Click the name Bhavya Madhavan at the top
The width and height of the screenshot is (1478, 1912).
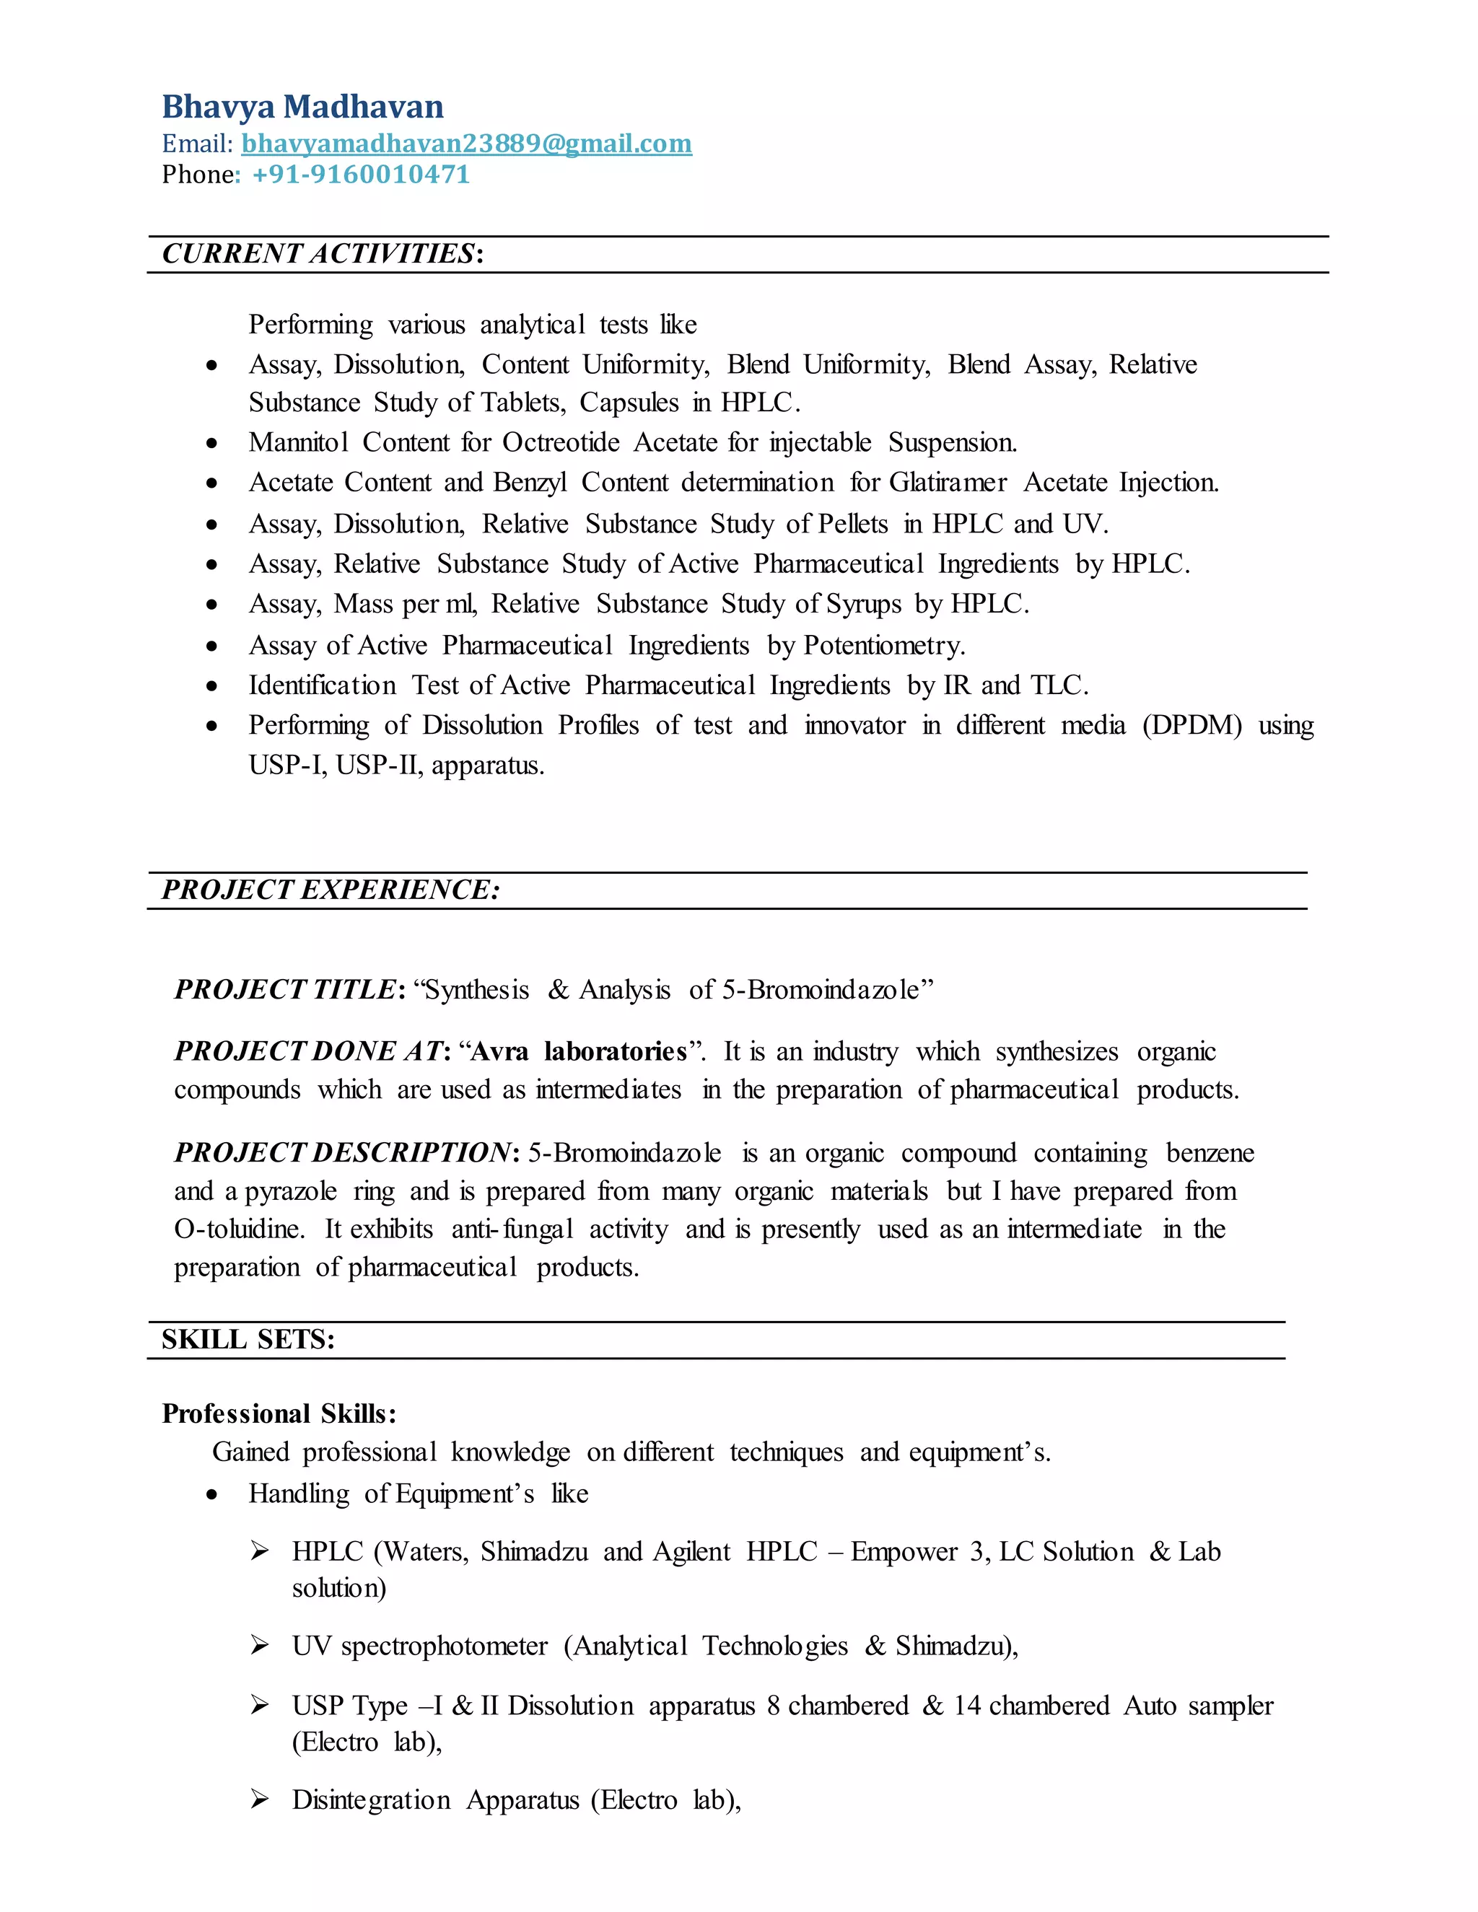click(x=302, y=107)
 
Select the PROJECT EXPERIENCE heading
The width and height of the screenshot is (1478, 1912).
click(x=330, y=890)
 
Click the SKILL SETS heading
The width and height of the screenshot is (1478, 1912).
click(x=248, y=1339)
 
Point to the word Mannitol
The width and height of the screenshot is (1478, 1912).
click(x=299, y=442)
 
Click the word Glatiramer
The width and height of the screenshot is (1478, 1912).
click(x=948, y=483)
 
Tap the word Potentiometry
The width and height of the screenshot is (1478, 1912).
click(x=883, y=645)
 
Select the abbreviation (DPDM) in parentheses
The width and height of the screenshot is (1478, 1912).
click(x=1191, y=725)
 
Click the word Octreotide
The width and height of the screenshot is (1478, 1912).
click(x=560, y=442)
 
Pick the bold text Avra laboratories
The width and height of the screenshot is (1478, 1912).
click(x=579, y=1051)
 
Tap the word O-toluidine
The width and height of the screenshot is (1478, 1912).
click(x=239, y=1229)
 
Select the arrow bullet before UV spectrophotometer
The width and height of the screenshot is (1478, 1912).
click(x=259, y=1646)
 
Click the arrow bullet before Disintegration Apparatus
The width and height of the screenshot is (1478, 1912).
click(x=259, y=1799)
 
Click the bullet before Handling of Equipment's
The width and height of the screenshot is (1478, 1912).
click(x=212, y=1494)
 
